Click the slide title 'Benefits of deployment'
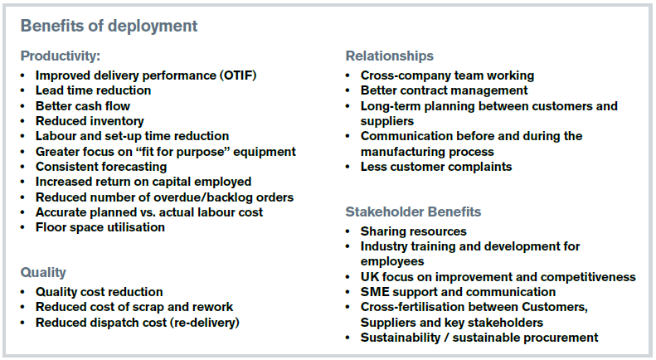pyautogui.click(x=109, y=26)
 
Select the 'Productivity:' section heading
pyautogui.click(x=61, y=56)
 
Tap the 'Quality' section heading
pyautogui.click(x=43, y=273)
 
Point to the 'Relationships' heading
pyautogui.click(x=390, y=56)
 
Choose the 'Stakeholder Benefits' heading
pyautogui.click(x=413, y=212)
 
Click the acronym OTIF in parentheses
pyautogui.click(x=239, y=75)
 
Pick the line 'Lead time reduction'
pyautogui.click(x=93, y=90)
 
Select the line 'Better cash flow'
pyautogui.click(x=83, y=106)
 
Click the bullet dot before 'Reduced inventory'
pyautogui.click(x=22, y=121)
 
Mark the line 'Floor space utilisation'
pyautogui.click(x=100, y=227)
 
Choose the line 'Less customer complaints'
pyautogui.click(x=436, y=167)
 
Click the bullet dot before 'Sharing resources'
pyautogui.click(x=347, y=231)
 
